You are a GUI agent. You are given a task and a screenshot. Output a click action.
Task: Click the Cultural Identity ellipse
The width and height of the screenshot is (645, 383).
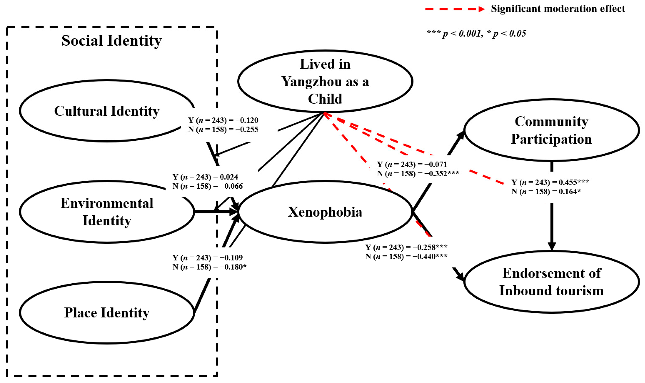tap(107, 111)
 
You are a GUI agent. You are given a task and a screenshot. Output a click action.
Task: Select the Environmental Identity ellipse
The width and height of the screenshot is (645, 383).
tap(107, 212)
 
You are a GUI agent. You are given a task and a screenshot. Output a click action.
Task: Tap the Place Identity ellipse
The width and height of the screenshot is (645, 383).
tap(107, 313)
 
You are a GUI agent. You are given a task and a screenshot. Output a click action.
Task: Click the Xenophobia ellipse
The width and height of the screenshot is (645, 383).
tap(325, 212)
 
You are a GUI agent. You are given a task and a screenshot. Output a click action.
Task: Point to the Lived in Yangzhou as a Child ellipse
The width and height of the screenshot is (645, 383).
tap(325, 81)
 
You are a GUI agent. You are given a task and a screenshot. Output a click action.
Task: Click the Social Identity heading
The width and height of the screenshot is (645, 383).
tap(111, 41)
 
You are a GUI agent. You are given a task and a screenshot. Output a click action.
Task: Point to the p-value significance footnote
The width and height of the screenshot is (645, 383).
tap(476, 34)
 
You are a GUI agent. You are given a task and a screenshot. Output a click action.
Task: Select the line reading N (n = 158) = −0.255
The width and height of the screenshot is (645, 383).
tap(223, 129)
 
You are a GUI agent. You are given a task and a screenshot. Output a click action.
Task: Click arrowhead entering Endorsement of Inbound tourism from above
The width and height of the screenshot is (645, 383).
tap(552, 246)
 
